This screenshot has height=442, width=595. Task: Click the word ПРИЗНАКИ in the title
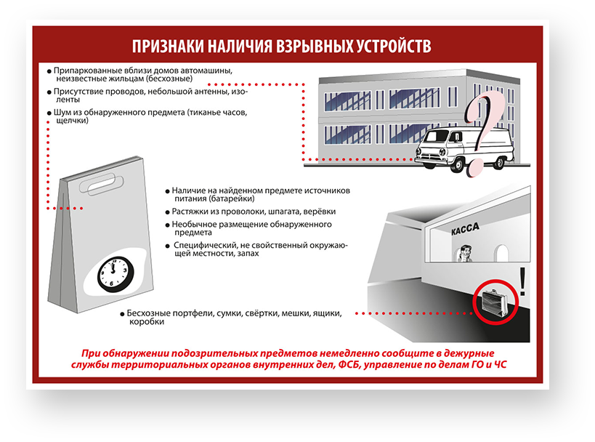pyautogui.click(x=167, y=46)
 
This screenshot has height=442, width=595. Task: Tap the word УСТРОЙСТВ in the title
pyautogui.click(x=394, y=46)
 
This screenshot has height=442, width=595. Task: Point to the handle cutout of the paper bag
pyautogui.click(x=102, y=183)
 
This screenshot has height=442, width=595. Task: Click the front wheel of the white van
pyautogui.click(x=458, y=165)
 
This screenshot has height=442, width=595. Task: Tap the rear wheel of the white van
pyautogui.click(x=499, y=163)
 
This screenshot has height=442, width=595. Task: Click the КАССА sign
pyautogui.click(x=465, y=228)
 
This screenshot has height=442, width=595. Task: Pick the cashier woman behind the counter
pyautogui.click(x=465, y=254)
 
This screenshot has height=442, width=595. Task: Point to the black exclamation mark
pyautogui.click(x=522, y=281)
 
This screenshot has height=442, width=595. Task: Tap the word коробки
pyautogui.click(x=147, y=321)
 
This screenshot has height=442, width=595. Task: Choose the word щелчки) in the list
pyautogui.click(x=72, y=121)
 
